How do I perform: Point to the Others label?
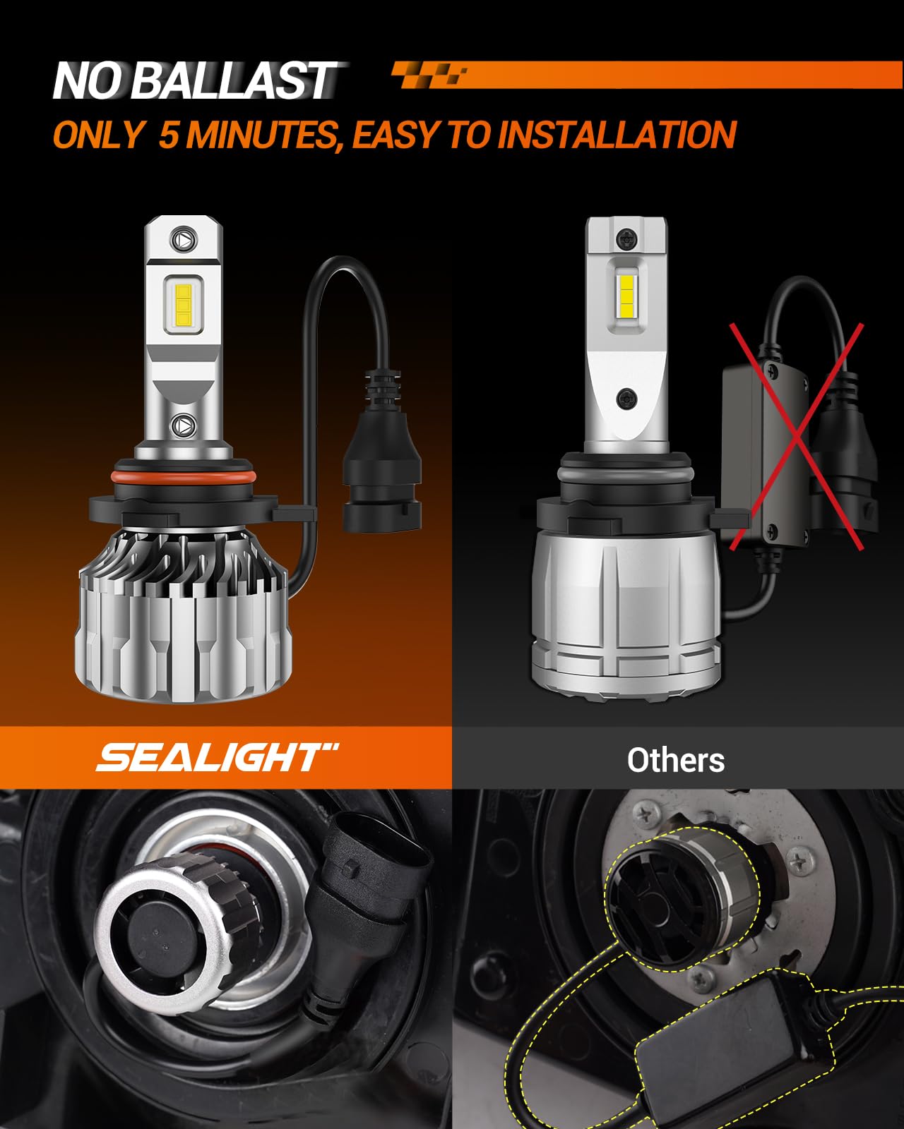[675, 760]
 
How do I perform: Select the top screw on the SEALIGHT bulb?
[184, 239]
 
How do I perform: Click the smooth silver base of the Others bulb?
[625, 621]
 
